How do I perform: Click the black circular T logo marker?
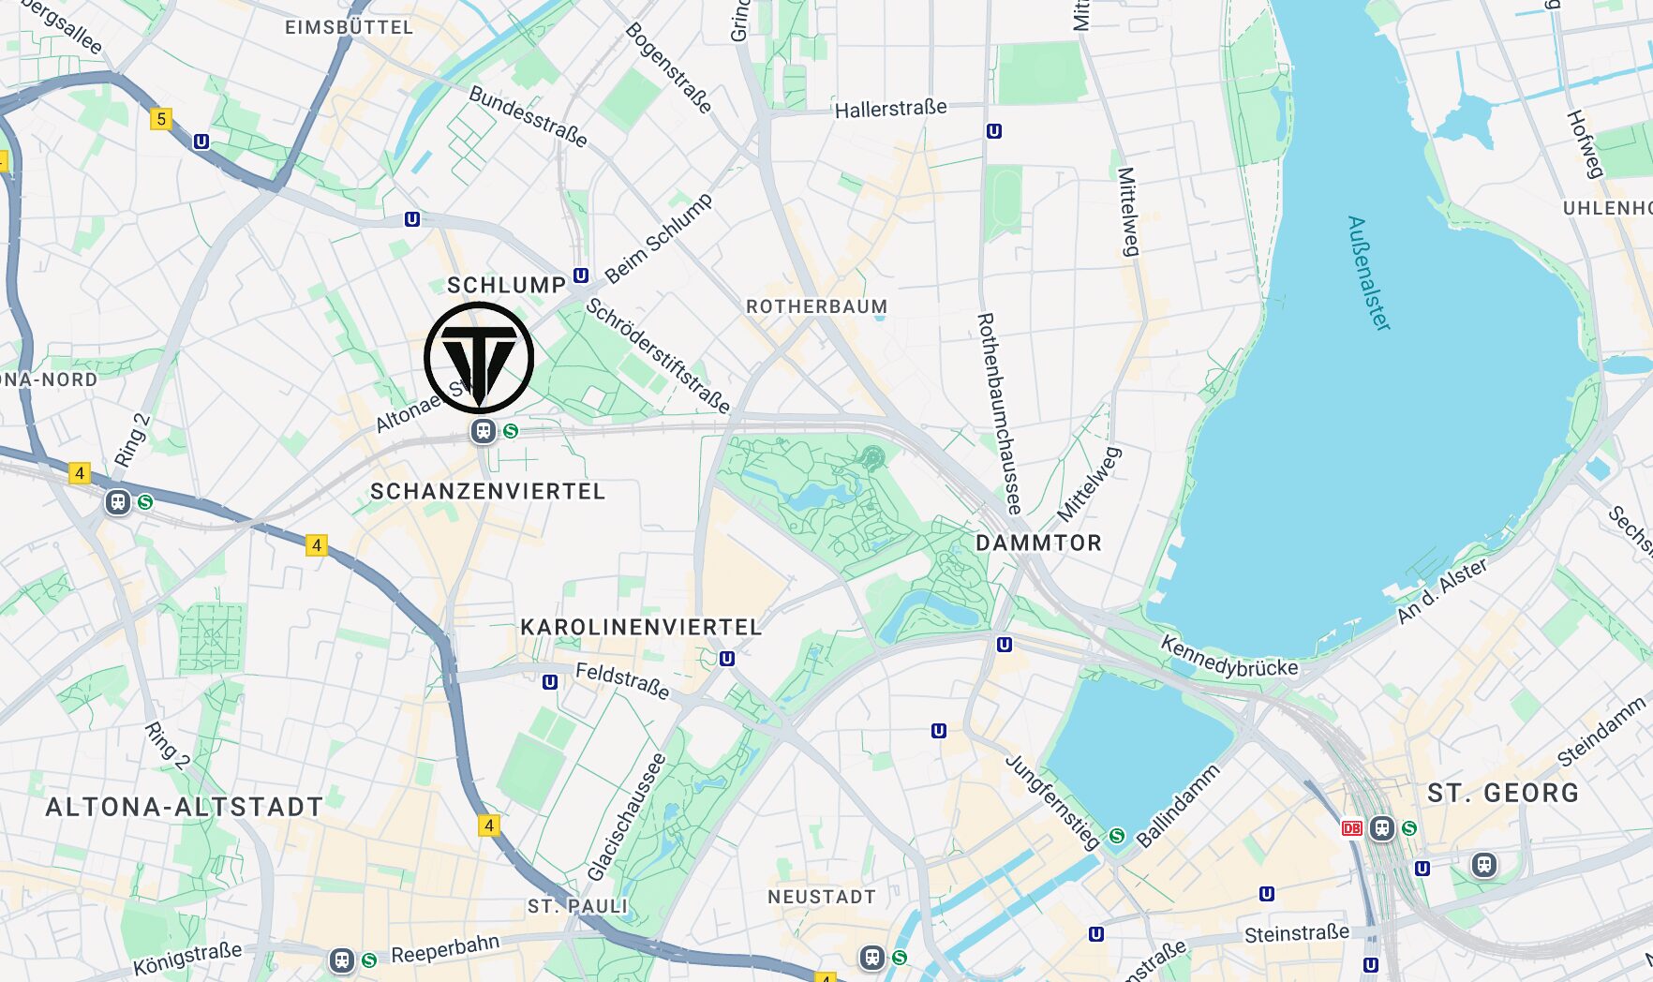point(479,357)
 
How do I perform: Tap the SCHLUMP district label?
point(506,285)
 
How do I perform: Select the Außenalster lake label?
point(1368,273)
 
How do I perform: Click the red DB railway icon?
point(1351,828)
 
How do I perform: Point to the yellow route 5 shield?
point(161,119)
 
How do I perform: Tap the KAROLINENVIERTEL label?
point(641,627)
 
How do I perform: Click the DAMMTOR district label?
point(1038,543)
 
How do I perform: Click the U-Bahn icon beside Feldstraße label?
point(550,682)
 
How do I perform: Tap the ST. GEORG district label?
point(1503,793)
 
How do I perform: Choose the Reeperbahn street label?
point(445,949)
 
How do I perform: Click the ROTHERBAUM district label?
point(816,306)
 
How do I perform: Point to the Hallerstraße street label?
point(890,109)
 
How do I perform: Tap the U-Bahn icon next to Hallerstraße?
point(994,131)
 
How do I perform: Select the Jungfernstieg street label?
point(1052,801)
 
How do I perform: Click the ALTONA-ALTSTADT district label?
point(185,807)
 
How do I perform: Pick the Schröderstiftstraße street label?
point(658,355)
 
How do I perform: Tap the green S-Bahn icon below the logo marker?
point(511,431)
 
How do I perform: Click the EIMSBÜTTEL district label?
point(349,27)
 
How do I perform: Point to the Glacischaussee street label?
point(627,817)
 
